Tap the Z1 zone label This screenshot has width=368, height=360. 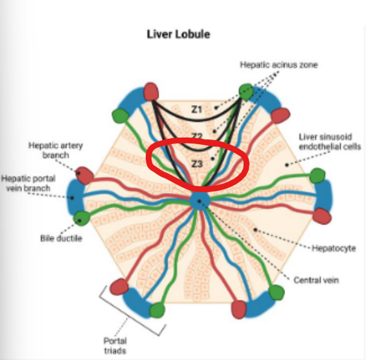click(x=198, y=110)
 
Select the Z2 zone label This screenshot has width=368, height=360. click(x=198, y=136)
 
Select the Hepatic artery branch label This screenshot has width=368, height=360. click(x=56, y=150)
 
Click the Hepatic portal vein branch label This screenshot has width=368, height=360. click(x=30, y=184)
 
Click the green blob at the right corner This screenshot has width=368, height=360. click(x=318, y=176)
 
